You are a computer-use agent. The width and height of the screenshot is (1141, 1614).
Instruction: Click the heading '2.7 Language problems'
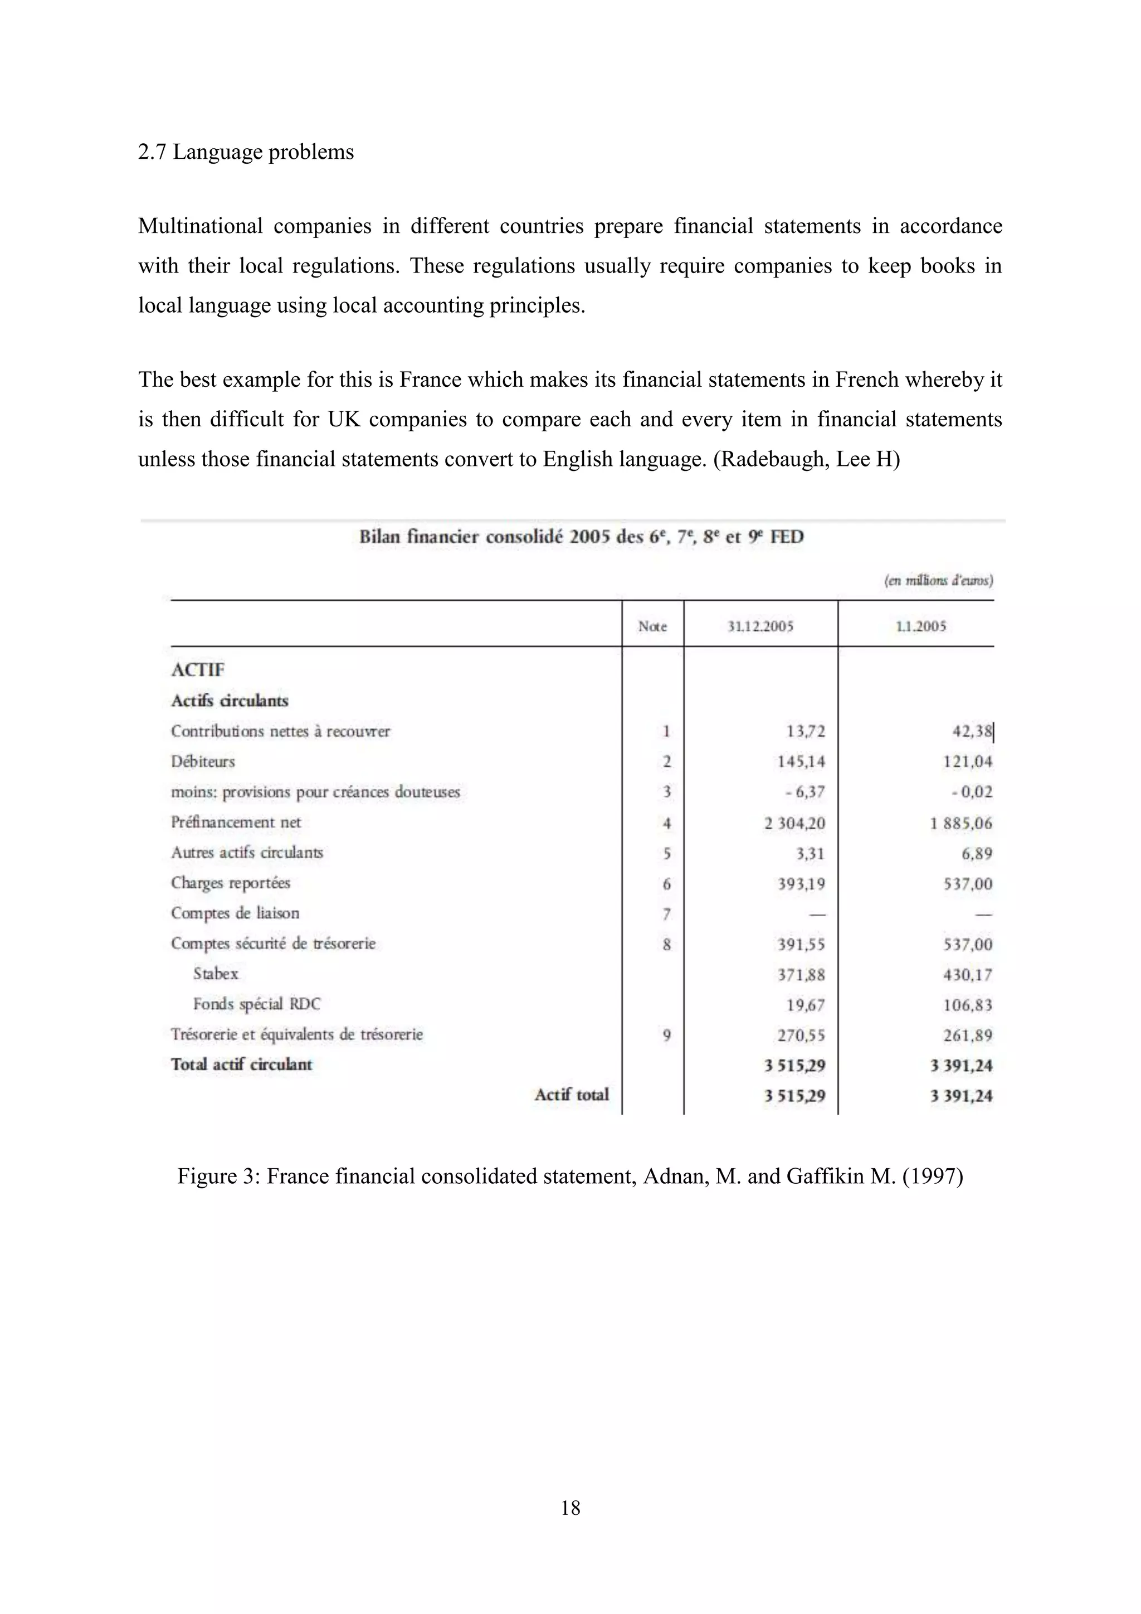tap(246, 152)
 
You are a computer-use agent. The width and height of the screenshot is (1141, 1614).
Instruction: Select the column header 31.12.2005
tap(760, 626)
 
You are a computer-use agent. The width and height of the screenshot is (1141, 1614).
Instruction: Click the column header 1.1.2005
tap(920, 626)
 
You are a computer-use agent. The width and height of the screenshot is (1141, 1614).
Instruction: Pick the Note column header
tap(652, 626)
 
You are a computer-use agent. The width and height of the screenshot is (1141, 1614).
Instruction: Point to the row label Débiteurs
tap(203, 761)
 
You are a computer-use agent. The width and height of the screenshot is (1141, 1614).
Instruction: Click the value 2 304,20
tap(794, 823)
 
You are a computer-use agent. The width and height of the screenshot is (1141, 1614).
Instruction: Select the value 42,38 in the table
tap(972, 731)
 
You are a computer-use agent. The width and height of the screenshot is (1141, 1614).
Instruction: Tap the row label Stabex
tap(216, 974)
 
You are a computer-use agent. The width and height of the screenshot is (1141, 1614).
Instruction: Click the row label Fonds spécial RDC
tap(256, 1004)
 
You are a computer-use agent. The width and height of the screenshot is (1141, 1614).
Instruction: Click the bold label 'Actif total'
tap(571, 1095)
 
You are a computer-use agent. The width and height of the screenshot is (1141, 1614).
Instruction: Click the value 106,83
tap(968, 1004)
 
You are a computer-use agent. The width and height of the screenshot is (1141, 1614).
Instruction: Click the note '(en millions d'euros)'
tap(938, 580)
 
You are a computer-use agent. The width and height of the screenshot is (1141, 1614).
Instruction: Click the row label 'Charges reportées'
tap(231, 883)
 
